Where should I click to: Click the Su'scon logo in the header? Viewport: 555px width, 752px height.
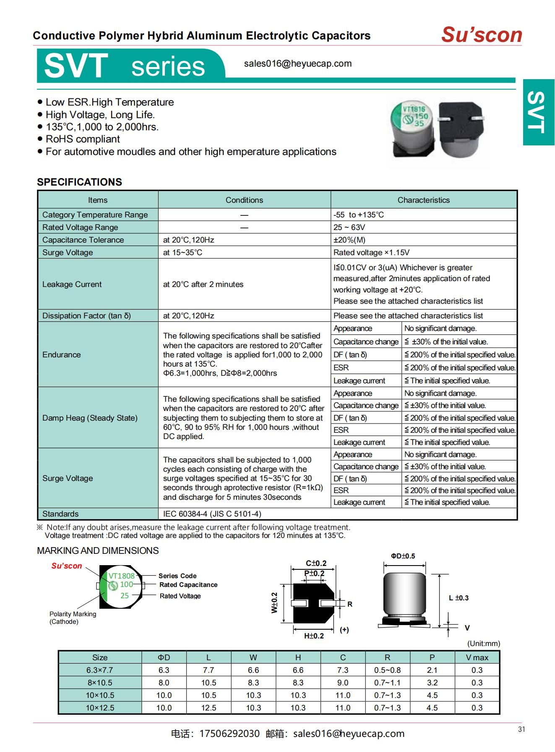(481, 35)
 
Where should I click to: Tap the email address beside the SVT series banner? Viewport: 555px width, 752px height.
(297, 64)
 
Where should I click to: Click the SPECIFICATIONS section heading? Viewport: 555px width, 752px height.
(79, 182)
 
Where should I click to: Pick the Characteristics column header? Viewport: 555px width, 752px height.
(423, 200)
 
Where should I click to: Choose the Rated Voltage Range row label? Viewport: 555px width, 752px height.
(80, 227)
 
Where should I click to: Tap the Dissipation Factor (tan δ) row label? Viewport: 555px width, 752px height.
(86, 316)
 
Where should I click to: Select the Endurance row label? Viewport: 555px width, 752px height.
(61, 355)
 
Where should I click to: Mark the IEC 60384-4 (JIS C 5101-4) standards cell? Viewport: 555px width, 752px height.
(212, 514)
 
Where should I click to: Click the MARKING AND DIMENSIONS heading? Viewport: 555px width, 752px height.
(98, 551)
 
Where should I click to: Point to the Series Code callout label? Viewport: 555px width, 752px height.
(177, 576)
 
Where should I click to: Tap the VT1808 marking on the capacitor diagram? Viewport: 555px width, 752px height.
(121, 576)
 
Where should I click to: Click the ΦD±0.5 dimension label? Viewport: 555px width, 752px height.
(403, 556)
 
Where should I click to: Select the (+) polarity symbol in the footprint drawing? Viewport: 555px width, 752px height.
(344, 630)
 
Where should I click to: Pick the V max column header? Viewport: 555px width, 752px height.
(477, 658)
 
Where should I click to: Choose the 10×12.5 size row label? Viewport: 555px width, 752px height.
(100, 708)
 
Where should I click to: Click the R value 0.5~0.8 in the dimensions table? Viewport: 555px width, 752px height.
(387, 670)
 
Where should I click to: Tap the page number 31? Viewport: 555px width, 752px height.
(521, 729)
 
